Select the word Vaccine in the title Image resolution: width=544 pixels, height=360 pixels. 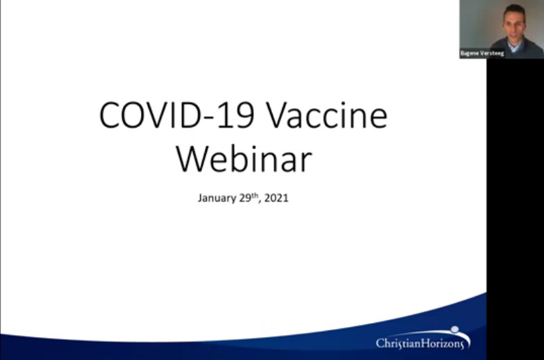coord(327,116)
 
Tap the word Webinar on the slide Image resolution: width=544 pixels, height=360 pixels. coord(244,159)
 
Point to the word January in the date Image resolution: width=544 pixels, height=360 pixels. coord(217,198)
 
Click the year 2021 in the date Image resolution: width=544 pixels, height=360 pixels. coord(276,198)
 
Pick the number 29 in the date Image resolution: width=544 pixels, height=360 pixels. coord(245,197)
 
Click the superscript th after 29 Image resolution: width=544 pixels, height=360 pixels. coord(255,195)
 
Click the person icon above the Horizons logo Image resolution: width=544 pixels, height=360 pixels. coord(455,329)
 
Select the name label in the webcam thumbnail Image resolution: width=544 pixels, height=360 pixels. coord(482,54)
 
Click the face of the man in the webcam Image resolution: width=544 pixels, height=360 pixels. coord(514,26)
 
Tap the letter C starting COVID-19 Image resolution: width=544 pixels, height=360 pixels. coord(109,116)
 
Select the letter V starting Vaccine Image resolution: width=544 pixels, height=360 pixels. coord(278,116)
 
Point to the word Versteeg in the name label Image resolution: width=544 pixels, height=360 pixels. coord(494,54)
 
